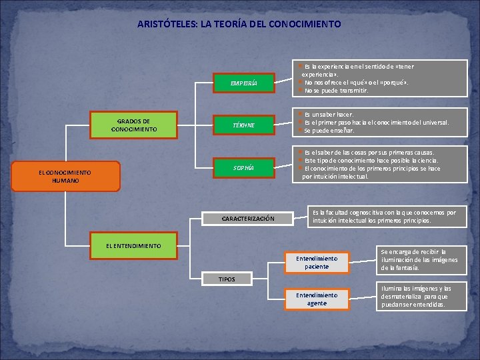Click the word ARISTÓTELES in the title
164,24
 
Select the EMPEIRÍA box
243,83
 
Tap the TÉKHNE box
243,125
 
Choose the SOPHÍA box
243,167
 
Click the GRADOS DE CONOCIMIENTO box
134,125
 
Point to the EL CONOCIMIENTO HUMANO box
65,176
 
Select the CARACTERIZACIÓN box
248,219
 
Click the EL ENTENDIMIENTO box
133,246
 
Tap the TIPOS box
227,279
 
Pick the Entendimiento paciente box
317,262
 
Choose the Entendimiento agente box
317,299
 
